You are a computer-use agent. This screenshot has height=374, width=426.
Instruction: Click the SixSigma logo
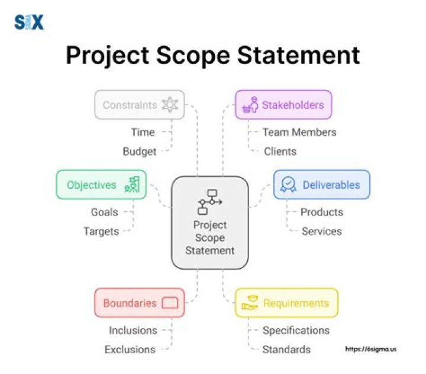29,23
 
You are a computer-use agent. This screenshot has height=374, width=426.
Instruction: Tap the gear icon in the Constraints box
170,105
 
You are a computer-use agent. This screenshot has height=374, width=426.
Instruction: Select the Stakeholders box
283,105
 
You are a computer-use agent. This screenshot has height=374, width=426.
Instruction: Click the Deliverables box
321,185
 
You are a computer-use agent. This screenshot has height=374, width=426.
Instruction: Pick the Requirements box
286,303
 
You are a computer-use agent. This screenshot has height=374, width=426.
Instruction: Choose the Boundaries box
140,303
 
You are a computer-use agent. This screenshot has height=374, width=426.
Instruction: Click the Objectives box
101,185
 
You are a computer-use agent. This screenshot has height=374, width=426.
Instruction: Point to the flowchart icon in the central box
209,202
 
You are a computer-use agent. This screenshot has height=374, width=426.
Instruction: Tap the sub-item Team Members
299,133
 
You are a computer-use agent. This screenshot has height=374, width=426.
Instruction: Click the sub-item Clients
280,151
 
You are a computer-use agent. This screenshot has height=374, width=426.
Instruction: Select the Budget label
140,151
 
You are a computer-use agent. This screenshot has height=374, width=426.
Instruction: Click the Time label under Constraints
143,133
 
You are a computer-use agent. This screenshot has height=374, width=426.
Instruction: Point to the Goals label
104,212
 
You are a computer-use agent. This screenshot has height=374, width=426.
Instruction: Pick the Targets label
101,231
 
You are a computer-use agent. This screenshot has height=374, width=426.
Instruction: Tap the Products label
321,212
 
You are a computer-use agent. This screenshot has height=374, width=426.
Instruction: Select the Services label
321,231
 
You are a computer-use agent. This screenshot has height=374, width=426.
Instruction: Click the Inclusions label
133,330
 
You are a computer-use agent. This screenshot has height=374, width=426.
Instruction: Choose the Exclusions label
130,350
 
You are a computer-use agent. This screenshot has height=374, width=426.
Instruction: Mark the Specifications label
296,330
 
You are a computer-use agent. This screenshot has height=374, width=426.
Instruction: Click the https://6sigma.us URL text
370,349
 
